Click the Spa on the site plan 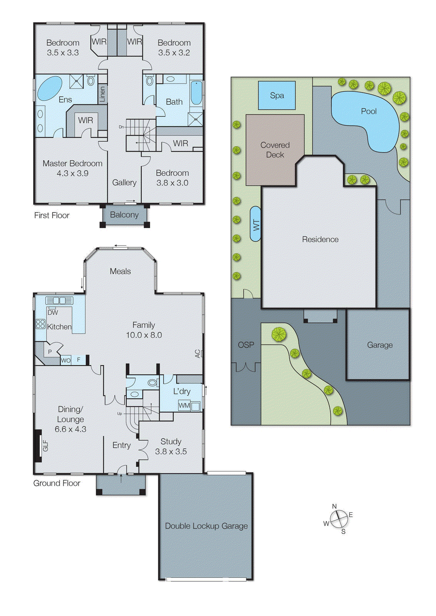pos(277,95)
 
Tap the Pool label pos(368,111)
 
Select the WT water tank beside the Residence pos(256,224)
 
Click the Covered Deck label pos(275,150)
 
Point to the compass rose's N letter pos(334,506)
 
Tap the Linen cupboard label pos(102,94)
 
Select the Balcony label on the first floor pos(124,215)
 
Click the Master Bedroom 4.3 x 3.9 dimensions pos(72,174)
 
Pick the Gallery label pos(124,182)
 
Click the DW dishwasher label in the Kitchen pos(53,313)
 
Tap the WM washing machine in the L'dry pos(184,405)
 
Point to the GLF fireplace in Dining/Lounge pos(45,446)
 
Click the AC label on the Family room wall pos(198,353)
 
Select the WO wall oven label pos(66,360)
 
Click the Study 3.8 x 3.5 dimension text pos(170,452)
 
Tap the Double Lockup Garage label pos(206,526)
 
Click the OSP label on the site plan pos(246,345)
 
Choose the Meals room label pos(120,271)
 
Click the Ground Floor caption pos(57,483)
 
